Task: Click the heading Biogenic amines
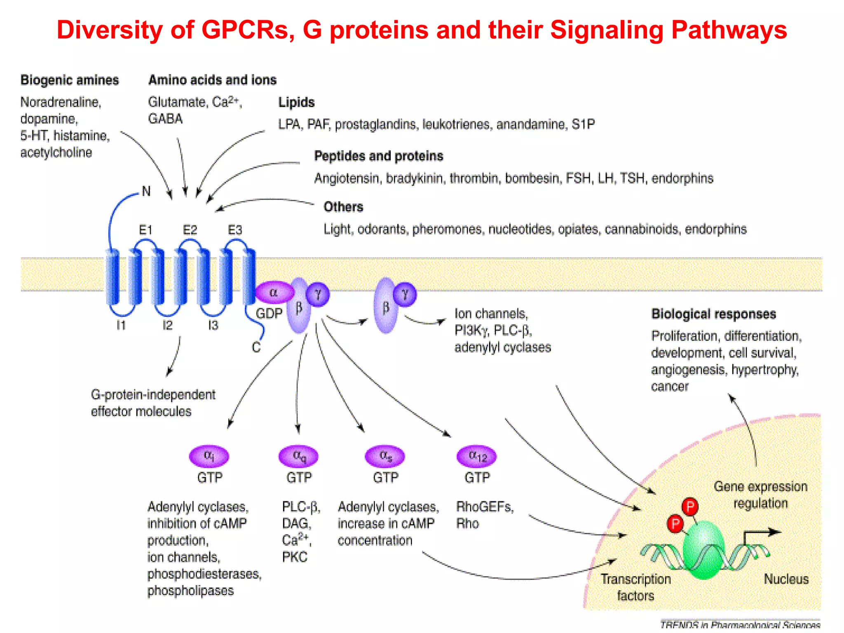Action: [x=70, y=80]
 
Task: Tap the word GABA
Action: [x=165, y=119]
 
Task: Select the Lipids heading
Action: [x=296, y=102]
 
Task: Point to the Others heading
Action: [x=343, y=207]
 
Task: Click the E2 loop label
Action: [x=190, y=230]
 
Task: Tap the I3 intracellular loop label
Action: [x=213, y=326]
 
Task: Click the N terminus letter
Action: [x=146, y=191]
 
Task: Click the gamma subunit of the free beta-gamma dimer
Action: [x=405, y=294]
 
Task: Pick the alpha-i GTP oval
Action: [x=209, y=456]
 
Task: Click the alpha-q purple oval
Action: [x=299, y=456]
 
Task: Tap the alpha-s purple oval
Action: [x=385, y=456]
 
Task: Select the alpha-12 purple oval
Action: [x=477, y=456]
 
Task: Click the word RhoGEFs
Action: [x=485, y=507]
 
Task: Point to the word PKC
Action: [x=295, y=557]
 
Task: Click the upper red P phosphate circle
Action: [x=690, y=506]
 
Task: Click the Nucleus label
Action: [x=786, y=579]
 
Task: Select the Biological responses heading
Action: [x=713, y=314]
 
